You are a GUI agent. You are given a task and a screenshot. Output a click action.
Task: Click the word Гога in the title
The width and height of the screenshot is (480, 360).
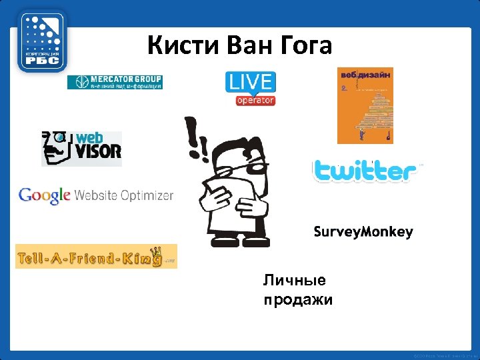point(304,46)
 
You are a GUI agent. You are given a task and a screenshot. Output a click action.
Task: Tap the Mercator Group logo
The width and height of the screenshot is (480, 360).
point(115,82)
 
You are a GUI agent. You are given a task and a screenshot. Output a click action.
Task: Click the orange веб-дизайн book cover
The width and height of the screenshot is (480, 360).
point(365,105)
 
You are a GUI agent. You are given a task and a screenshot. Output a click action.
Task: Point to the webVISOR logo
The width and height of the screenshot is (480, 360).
point(81,148)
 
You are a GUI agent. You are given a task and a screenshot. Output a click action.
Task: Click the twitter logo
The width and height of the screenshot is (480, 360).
point(365,171)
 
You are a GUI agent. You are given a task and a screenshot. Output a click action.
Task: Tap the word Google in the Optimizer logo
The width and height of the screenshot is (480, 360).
point(44,195)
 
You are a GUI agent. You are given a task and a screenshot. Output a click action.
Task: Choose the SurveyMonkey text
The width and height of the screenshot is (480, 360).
point(363,232)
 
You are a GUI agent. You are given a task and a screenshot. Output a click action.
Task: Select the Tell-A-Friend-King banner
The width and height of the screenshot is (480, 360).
point(96,256)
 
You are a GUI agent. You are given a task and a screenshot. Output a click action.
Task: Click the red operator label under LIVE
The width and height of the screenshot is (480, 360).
point(255,100)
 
